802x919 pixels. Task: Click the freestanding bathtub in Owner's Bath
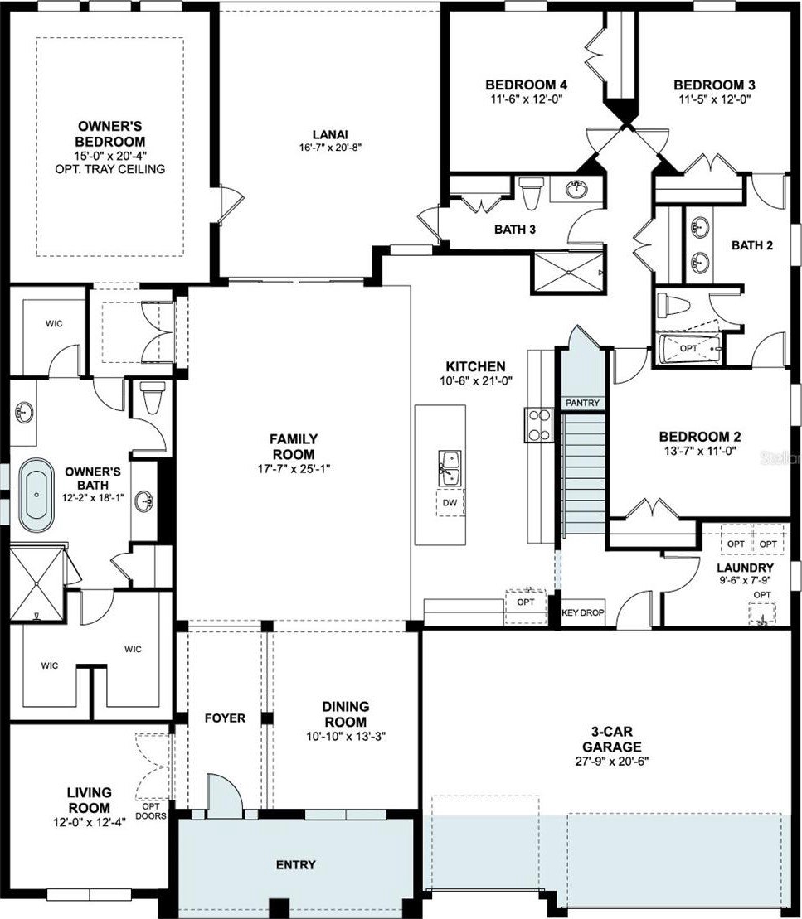click(x=36, y=496)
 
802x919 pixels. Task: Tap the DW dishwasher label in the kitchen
click(x=450, y=502)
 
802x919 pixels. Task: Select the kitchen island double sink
click(x=450, y=467)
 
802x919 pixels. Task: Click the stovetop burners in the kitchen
click(x=539, y=424)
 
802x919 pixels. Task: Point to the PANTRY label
click(x=582, y=403)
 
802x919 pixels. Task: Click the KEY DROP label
click(x=583, y=612)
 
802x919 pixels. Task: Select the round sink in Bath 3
click(x=576, y=189)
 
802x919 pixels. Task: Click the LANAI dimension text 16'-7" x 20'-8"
click(x=330, y=148)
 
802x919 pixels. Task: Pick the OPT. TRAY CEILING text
click(x=110, y=169)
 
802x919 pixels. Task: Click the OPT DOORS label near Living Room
click(x=151, y=811)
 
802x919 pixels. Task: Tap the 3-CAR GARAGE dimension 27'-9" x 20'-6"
click(x=611, y=762)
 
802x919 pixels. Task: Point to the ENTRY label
click(x=296, y=864)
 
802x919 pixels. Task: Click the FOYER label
click(x=225, y=718)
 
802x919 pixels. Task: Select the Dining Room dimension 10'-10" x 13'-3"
click(x=346, y=737)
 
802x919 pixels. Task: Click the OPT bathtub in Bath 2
click(x=689, y=349)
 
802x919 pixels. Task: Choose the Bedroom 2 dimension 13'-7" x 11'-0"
click(x=699, y=452)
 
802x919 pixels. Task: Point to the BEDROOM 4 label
click(x=527, y=85)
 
